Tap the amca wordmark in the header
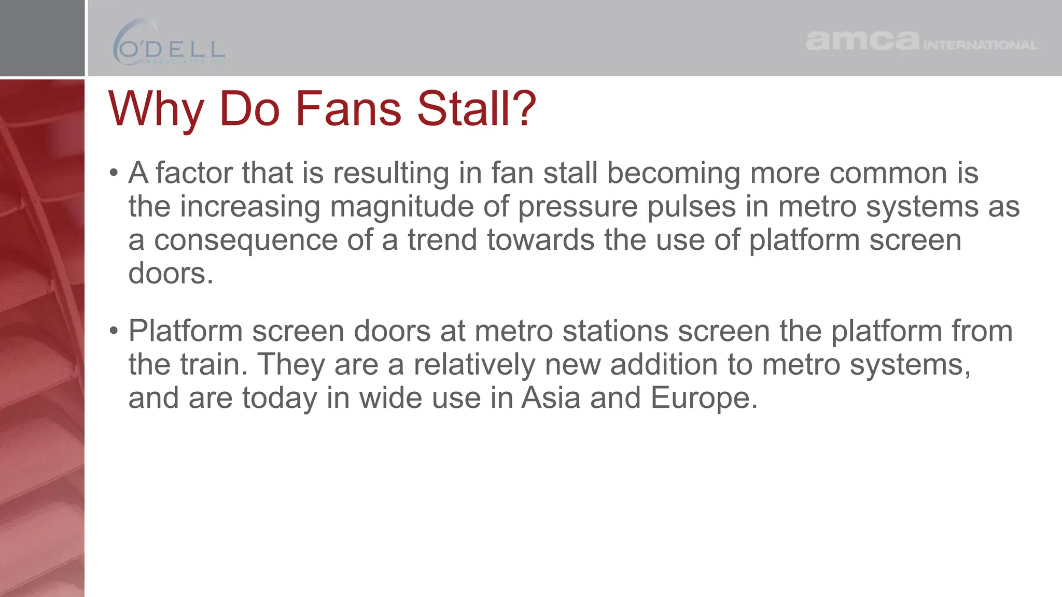(x=862, y=41)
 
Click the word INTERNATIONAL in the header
(x=981, y=46)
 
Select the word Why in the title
(x=156, y=110)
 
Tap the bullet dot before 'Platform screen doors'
(x=114, y=331)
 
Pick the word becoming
(x=674, y=174)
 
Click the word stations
(x=616, y=331)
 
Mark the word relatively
(x=474, y=365)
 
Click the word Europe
(x=704, y=399)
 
